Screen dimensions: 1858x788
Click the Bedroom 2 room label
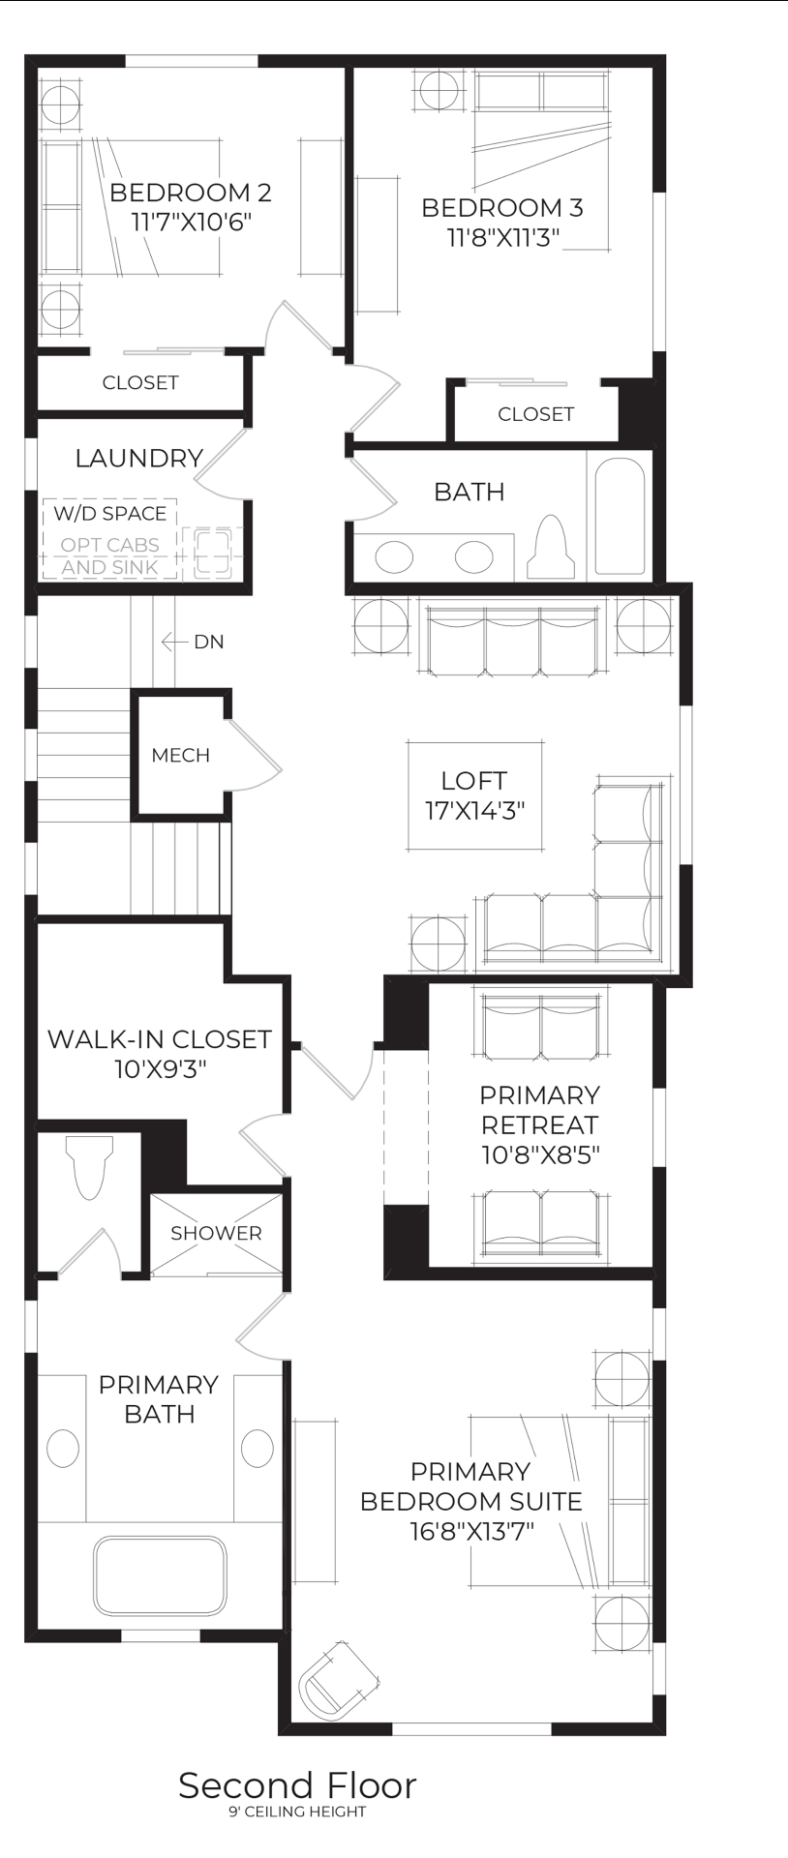[x=190, y=192]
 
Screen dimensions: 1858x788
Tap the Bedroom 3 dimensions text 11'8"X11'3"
[x=502, y=238]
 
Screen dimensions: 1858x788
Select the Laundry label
[x=139, y=458]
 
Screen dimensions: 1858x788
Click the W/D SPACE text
[x=109, y=513]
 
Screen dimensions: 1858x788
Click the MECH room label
[x=180, y=755]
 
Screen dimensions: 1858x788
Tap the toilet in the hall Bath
[x=551, y=549]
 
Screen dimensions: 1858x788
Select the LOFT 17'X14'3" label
[x=474, y=794]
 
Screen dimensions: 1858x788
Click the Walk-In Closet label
[x=160, y=1039]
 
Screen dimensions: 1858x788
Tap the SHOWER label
[x=216, y=1233]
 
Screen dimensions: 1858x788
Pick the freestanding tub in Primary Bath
[x=160, y=1575]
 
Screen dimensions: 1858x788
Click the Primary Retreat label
[x=540, y=1110]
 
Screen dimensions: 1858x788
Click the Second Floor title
[x=297, y=1785]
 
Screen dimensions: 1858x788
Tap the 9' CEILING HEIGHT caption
[x=297, y=1812]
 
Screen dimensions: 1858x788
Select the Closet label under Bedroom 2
[x=140, y=382]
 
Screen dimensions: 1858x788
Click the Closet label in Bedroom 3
[x=535, y=414]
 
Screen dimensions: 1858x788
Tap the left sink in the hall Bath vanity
[x=394, y=556]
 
